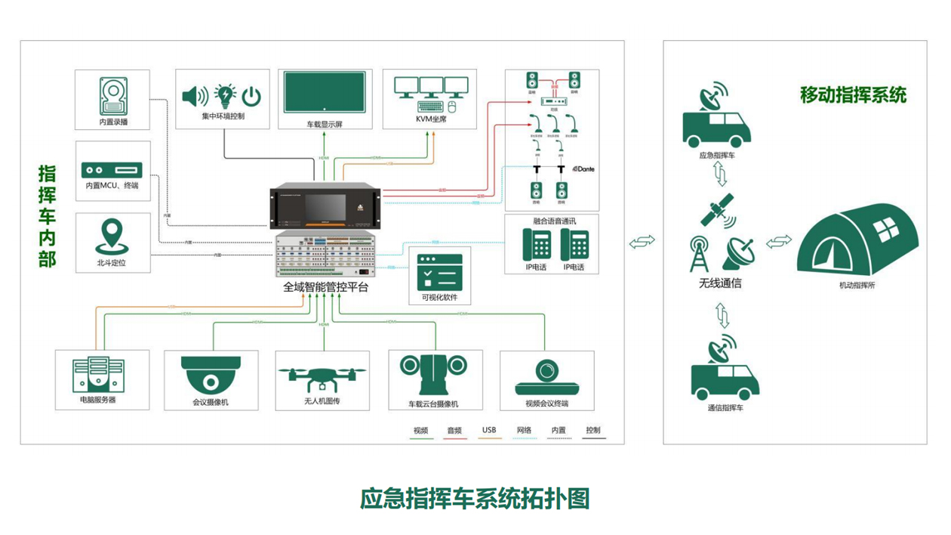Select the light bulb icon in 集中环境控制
click(x=225, y=95)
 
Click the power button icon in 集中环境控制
click(x=251, y=96)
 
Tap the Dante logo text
click(x=584, y=169)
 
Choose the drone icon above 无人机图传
click(x=322, y=376)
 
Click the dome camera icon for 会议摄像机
click(x=210, y=373)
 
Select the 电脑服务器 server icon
click(x=98, y=374)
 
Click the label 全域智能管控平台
click(x=325, y=288)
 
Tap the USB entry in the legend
click(x=489, y=431)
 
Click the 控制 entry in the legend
click(x=593, y=431)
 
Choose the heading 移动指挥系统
click(x=853, y=96)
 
